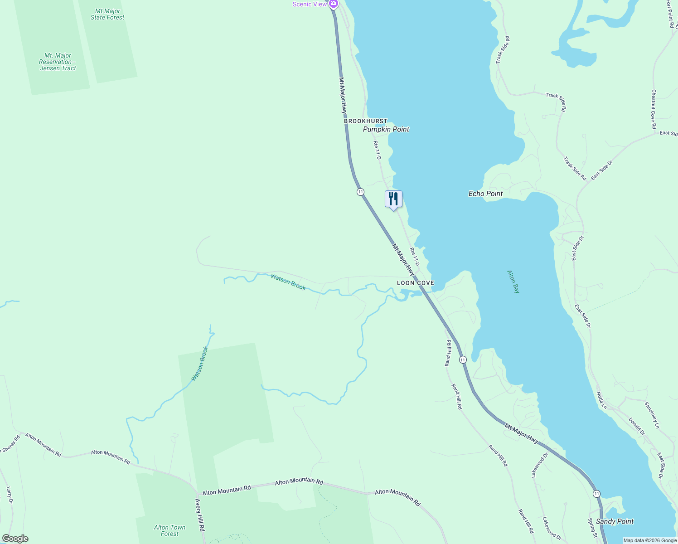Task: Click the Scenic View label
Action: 310,4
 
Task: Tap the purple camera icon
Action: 334,4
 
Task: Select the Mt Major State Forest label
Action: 107,14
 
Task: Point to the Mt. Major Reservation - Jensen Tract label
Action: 58,62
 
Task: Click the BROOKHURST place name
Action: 366,121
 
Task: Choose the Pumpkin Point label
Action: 386,129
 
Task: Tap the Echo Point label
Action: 485,194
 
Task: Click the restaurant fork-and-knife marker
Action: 393,199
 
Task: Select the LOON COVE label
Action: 416,283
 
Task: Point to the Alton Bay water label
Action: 513,282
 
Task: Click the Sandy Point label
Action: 615,521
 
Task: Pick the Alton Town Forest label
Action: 169,530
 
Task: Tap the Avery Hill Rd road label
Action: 200,515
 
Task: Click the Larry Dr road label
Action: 10,495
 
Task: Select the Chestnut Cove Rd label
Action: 654,109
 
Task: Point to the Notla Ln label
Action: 601,400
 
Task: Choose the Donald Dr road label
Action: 636,426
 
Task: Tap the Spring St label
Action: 593,528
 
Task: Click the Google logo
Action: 15,539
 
